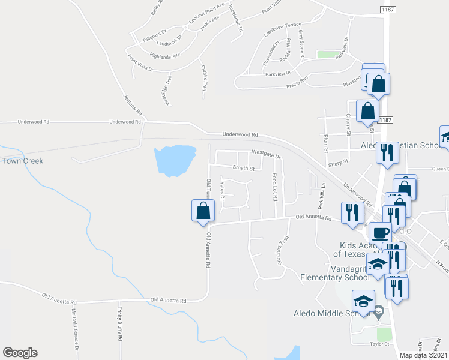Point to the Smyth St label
[x=244, y=169]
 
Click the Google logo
[x=20, y=353]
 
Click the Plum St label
[x=326, y=142]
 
